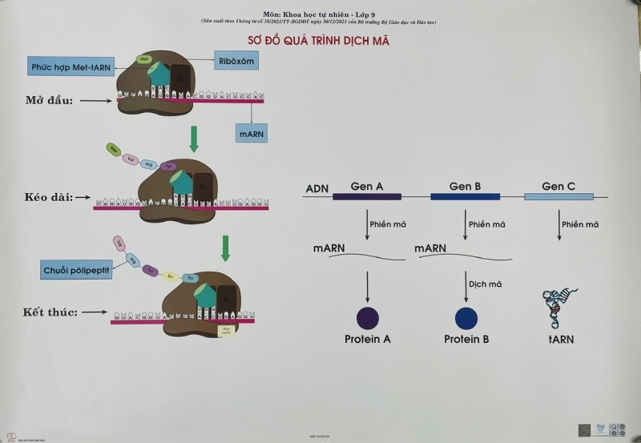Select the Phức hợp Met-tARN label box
(x=69, y=66)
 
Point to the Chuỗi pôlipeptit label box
(x=77, y=270)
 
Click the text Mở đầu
(x=49, y=101)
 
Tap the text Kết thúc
(x=49, y=312)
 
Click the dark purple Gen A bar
(x=368, y=197)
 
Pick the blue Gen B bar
(x=466, y=197)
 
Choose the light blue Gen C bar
(x=558, y=197)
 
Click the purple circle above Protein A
(x=368, y=317)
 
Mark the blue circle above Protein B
(x=466, y=318)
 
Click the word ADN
(x=317, y=190)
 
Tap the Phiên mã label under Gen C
(x=580, y=224)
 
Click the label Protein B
(x=466, y=340)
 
